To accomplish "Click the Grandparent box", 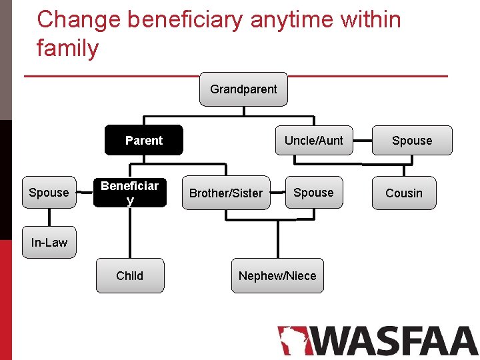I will click(x=243, y=89).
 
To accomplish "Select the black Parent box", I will click(x=144, y=140).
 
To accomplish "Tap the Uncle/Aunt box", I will click(x=313, y=140).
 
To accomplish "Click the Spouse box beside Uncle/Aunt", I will click(x=411, y=141).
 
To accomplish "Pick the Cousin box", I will click(x=404, y=193).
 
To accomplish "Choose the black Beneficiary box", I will click(x=129, y=192).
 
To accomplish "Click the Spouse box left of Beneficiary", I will click(x=49, y=193).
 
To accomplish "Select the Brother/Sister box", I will click(x=226, y=193).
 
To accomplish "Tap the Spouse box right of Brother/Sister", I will click(x=313, y=192).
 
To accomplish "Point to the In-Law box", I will click(x=49, y=243).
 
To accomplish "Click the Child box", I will click(x=129, y=275).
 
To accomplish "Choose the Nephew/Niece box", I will click(x=277, y=275).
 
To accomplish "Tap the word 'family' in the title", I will click(x=67, y=48).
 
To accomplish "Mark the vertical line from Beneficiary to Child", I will click(x=129, y=233).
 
